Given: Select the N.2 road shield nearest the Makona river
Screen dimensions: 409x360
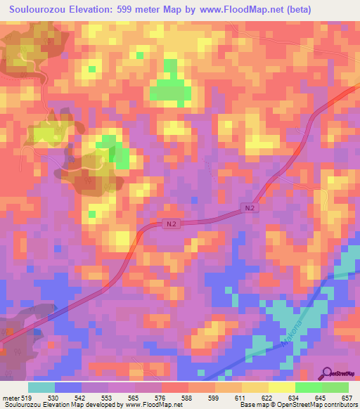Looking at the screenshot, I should click(x=250, y=208).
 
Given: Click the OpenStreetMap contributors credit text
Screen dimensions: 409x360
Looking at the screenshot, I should click(x=316, y=405).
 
